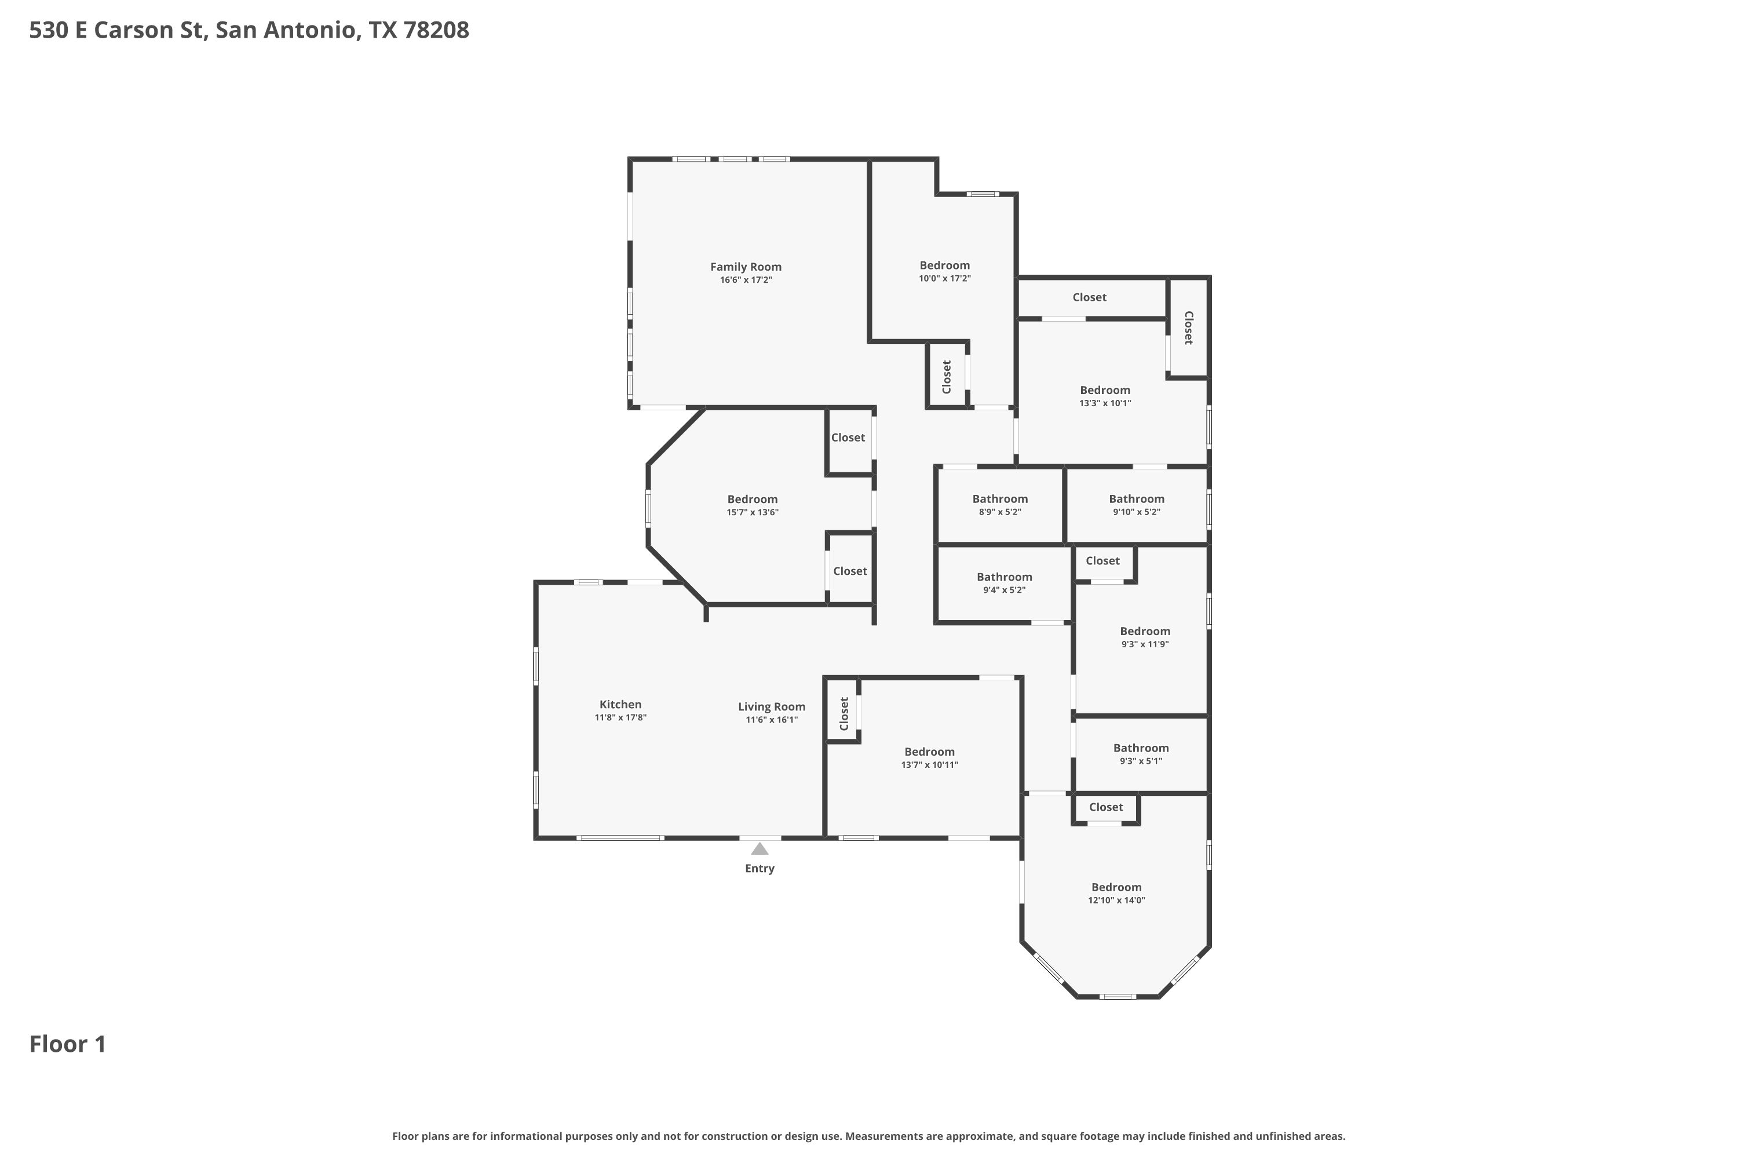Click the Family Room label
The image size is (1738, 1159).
pos(746,267)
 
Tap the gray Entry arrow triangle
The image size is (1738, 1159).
pos(760,848)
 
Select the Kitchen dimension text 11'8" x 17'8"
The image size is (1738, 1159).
pos(620,717)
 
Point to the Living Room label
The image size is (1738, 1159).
pos(772,706)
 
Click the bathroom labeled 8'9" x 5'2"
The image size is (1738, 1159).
pos(1000,505)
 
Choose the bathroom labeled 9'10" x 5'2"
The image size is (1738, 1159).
pos(1137,505)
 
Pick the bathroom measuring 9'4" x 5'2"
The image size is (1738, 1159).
pos(1004,583)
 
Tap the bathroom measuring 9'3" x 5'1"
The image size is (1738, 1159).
pos(1141,754)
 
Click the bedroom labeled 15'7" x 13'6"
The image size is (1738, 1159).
pos(752,505)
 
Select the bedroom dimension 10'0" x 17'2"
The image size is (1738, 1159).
pos(944,279)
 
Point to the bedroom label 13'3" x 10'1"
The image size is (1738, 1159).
pos(1105,403)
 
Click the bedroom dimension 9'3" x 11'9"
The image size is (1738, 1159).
pos(1145,644)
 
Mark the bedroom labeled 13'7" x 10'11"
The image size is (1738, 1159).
pos(930,757)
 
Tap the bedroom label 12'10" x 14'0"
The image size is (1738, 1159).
pos(1116,901)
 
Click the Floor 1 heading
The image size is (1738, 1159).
pos(68,1044)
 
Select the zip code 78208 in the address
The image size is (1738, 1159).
pos(436,30)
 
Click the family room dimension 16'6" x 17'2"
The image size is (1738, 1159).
pos(746,280)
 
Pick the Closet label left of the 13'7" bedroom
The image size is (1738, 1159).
pos(844,713)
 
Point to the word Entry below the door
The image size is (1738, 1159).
pos(760,869)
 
